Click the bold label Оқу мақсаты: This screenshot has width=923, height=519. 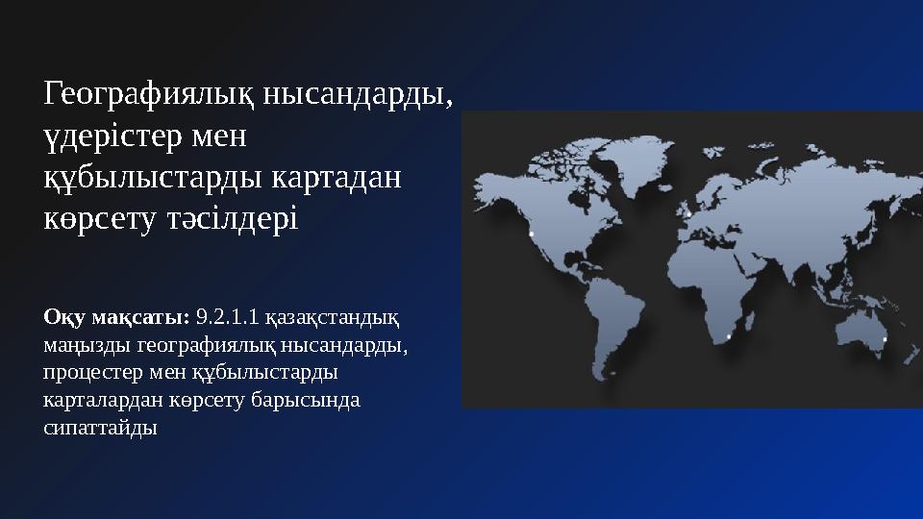click(x=116, y=316)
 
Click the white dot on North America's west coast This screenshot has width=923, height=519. click(x=531, y=234)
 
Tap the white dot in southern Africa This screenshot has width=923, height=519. click(x=729, y=336)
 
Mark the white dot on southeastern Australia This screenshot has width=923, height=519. click(x=885, y=339)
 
